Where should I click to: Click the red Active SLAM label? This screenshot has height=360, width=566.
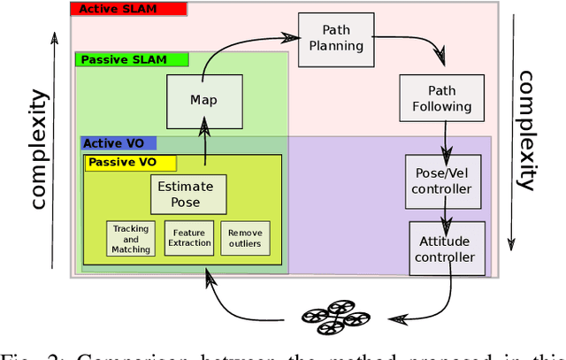[x=128, y=10]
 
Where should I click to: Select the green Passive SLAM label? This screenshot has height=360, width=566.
[x=133, y=60]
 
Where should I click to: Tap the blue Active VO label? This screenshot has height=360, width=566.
[x=118, y=142]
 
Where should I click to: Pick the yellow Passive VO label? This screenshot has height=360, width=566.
[x=130, y=163]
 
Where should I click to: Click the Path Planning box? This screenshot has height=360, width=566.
[x=329, y=40]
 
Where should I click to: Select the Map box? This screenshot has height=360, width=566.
[x=203, y=100]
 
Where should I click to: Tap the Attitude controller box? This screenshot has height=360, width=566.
[x=447, y=249]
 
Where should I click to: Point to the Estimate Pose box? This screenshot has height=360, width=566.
[x=185, y=195]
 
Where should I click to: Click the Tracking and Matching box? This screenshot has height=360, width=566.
[x=131, y=239]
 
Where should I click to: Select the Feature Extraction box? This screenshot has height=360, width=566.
[x=190, y=238]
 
